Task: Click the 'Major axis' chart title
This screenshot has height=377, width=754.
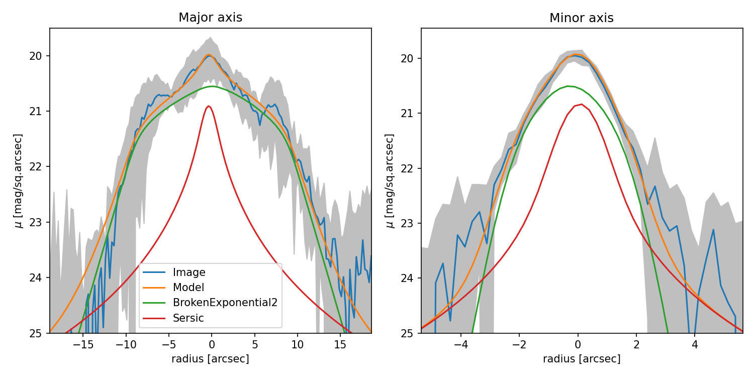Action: [x=210, y=18]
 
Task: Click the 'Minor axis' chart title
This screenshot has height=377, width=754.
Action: [x=581, y=18]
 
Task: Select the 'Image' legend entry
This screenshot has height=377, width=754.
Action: [x=189, y=272]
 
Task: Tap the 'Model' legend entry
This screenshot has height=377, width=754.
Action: [x=189, y=288]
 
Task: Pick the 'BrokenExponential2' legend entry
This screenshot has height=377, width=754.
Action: [x=225, y=303]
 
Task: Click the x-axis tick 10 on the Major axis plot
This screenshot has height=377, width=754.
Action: [x=297, y=345]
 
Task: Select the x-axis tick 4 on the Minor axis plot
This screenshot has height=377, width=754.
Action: [x=695, y=345]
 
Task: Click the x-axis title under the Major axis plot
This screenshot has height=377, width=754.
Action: [x=210, y=359]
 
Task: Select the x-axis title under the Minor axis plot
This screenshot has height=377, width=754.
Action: [x=582, y=359]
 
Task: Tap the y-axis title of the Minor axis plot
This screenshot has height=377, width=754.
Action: [x=390, y=180]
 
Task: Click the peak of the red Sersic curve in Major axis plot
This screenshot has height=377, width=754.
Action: [x=209, y=106]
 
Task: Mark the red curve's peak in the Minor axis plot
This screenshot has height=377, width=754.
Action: [x=581, y=104]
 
